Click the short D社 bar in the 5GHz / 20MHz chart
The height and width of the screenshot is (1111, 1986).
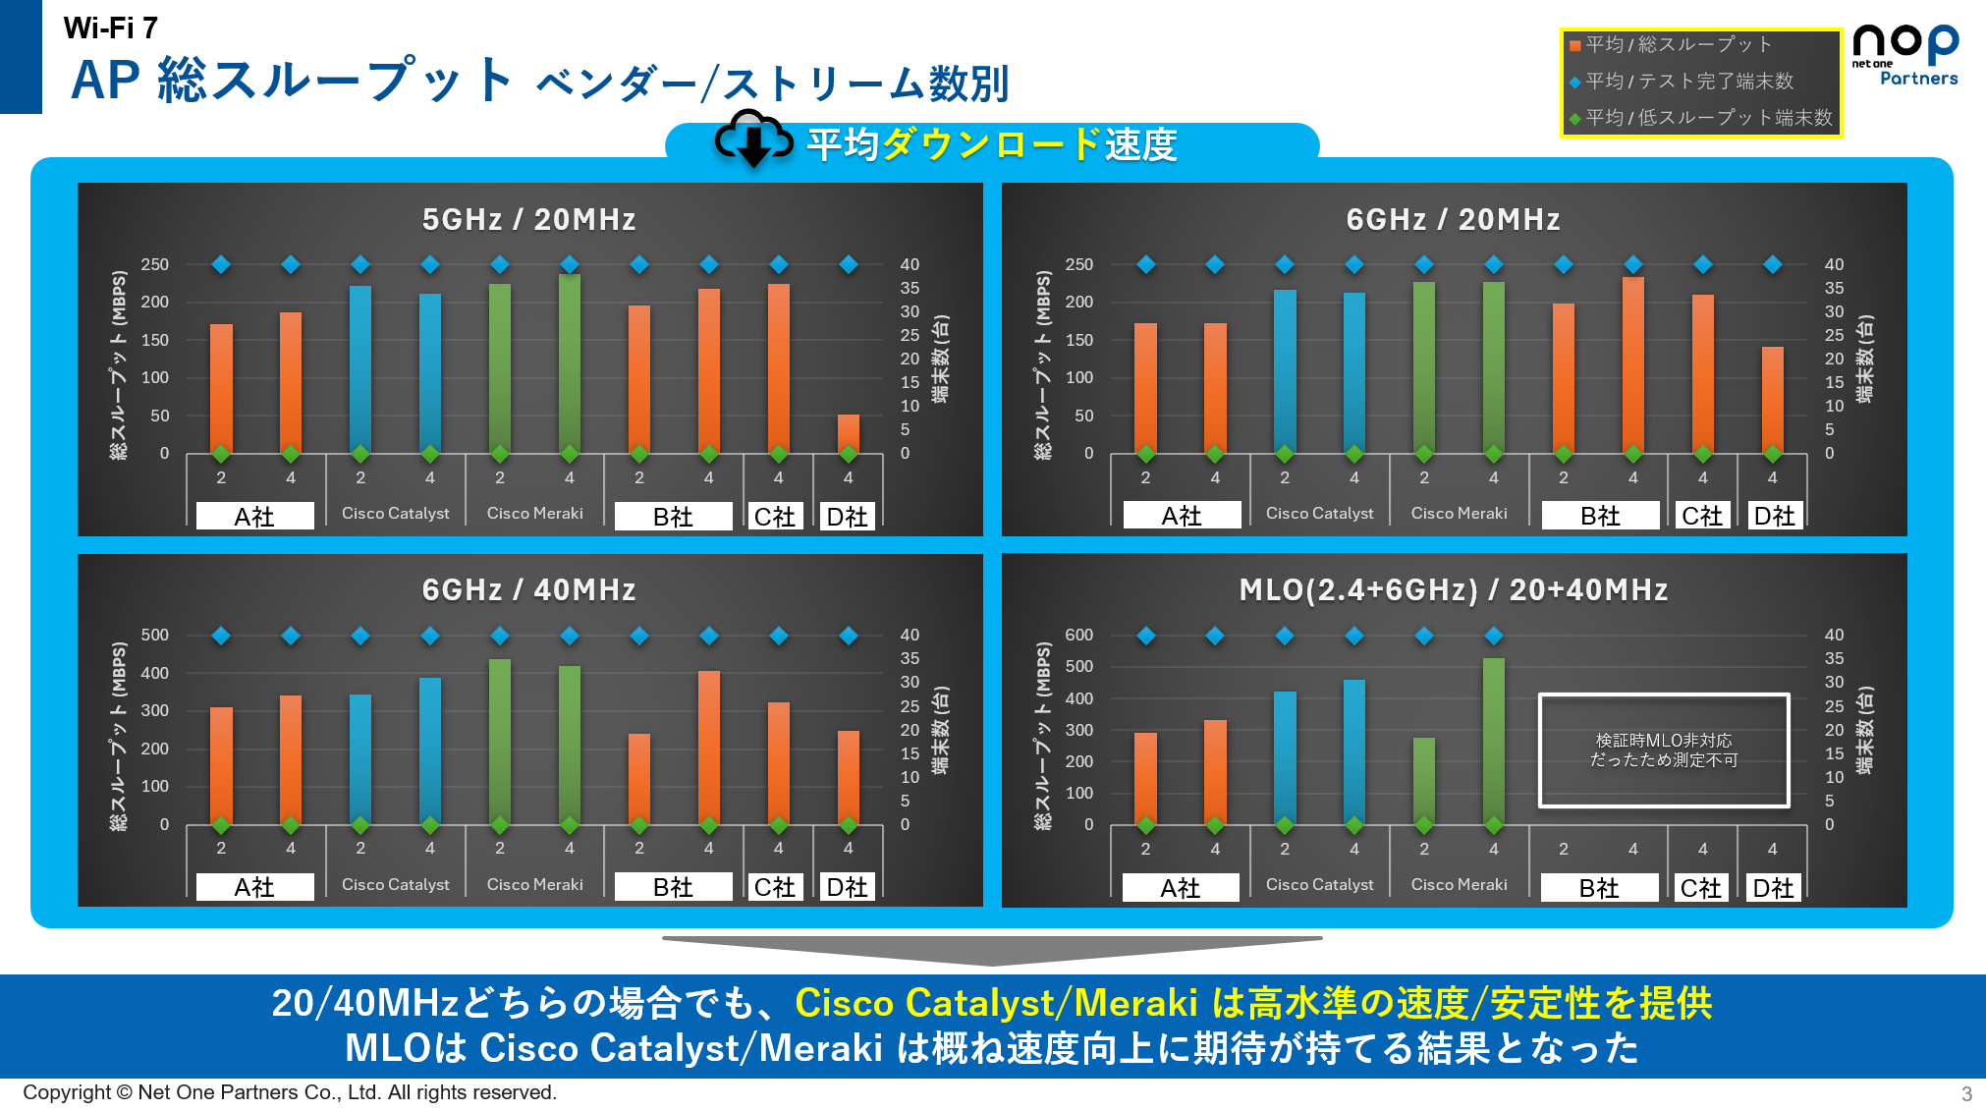[x=849, y=433]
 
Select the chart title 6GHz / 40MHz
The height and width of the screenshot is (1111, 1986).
[x=528, y=590]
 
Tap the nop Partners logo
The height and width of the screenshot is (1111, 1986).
[x=1904, y=56]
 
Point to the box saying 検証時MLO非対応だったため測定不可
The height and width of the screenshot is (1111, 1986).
[x=1663, y=750]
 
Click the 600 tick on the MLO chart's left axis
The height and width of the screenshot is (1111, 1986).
[x=1078, y=636]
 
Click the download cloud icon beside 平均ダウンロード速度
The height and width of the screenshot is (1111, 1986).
[x=753, y=139]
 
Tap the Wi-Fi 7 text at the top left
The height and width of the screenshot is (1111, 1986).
[x=110, y=28]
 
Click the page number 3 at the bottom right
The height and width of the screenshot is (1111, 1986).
[x=1966, y=1093]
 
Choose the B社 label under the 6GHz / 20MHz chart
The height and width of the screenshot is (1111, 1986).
[x=1600, y=516]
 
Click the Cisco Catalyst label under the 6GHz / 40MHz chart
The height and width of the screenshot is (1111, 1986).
[x=395, y=884]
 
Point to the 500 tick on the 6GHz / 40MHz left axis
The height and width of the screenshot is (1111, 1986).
[x=154, y=636]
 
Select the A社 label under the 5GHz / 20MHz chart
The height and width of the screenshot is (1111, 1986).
[x=254, y=517]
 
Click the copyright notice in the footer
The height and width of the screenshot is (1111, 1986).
[x=290, y=1092]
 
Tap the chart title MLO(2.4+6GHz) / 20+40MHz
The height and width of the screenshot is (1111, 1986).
[x=1453, y=590]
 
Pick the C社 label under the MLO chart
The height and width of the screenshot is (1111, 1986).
[x=1700, y=888]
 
